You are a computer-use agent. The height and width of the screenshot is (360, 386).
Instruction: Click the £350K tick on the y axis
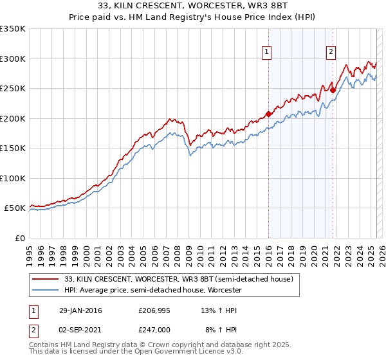[x=12, y=29]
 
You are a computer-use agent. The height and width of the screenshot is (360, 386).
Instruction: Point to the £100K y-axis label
[x=12, y=178]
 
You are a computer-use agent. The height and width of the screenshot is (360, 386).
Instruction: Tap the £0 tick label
[x=19, y=238]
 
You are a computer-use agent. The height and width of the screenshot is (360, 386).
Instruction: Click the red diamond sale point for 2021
[x=333, y=91]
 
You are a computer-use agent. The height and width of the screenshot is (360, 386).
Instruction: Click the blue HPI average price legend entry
[x=152, y=290]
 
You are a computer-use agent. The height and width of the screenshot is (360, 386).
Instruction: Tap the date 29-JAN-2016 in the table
[x=80, y=310]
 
